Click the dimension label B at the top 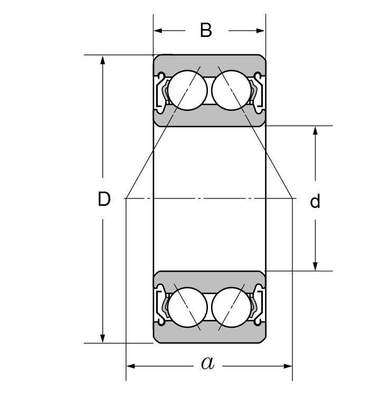[206, 31]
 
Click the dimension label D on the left [104, 199]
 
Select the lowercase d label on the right [315, 202]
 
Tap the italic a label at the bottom [208, 363]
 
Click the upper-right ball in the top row [230, 90]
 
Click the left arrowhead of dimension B [158, 31]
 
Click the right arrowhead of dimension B [260, 31]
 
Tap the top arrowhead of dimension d [315, 130]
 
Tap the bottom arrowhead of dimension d [315, 266]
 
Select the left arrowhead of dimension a [131, 365]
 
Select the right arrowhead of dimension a [288, 365]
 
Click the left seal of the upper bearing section [163, 91]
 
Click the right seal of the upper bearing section [256, 91]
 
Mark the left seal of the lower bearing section [163, 305]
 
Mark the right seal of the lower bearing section [256, 305]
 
